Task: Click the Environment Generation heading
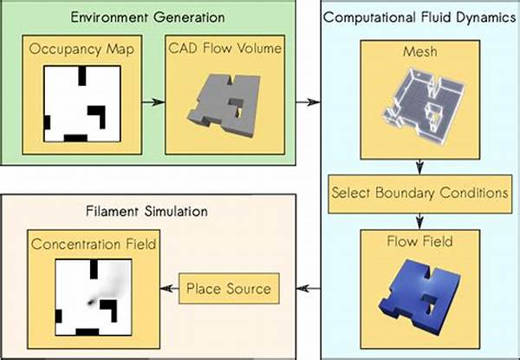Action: [x=147, y=17]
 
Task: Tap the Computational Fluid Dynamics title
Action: [x=419, y=17]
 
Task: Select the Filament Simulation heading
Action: [x=146, y=211]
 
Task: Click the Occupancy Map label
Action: [x=81, y=49]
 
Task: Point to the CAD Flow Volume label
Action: [x=224, y=49]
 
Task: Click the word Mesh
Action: [x=419, y=52]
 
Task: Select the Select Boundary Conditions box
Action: [x=419, y=194]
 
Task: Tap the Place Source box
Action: [x=229, y=288]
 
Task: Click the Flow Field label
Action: [x=419, y=241]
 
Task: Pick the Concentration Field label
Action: [x=94, y=245]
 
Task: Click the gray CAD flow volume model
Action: [x=224, y=104]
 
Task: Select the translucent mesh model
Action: [x=424, y=103]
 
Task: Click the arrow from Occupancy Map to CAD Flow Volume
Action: [x=153, y=102]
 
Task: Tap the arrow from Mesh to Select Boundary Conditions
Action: [x=419, y=167]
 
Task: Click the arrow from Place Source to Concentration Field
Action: [x=170, y=288]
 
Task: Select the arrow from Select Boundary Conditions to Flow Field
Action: [x=419, y=222]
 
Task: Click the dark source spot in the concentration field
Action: [x=90, y=302]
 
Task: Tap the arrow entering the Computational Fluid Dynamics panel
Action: [x=308, y=102]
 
